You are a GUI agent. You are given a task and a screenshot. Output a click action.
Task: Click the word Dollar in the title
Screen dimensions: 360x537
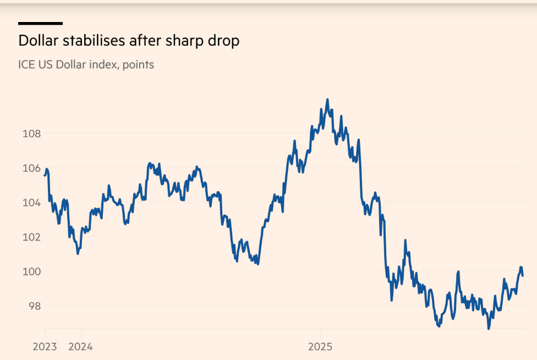coord(37,41)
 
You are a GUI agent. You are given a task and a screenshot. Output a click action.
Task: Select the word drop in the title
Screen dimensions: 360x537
coord(224,41)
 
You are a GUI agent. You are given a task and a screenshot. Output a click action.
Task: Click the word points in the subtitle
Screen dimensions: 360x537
coord(138,65)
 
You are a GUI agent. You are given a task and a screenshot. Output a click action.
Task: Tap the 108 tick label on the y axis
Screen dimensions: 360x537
coord(31,134)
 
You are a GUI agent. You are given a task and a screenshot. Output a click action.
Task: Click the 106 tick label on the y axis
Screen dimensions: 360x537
coord(31,168)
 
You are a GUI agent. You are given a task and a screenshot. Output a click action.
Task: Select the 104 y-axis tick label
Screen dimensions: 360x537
coord(31,203)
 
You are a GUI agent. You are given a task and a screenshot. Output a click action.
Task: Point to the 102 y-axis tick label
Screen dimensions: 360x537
coord(31,237)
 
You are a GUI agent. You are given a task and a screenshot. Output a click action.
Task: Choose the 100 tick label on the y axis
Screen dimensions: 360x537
coord(31,271)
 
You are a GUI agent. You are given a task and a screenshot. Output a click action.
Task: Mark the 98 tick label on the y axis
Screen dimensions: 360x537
coord(34,306)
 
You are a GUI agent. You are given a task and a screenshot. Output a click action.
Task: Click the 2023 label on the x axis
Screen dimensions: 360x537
coord(45,347)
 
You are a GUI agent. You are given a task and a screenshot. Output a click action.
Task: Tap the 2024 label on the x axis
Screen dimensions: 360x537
coord(80,347)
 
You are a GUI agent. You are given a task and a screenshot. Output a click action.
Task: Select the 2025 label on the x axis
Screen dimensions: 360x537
coord(320,347)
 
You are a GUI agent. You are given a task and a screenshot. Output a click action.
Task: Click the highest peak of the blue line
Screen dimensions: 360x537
coord(327,100)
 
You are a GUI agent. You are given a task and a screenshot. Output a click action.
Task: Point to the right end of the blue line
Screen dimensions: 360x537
coord(522,275)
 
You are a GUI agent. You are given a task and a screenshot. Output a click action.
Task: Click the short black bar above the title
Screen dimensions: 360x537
coord(40,23)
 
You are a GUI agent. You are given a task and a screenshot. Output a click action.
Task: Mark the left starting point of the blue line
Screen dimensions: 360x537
coord(45,175)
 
